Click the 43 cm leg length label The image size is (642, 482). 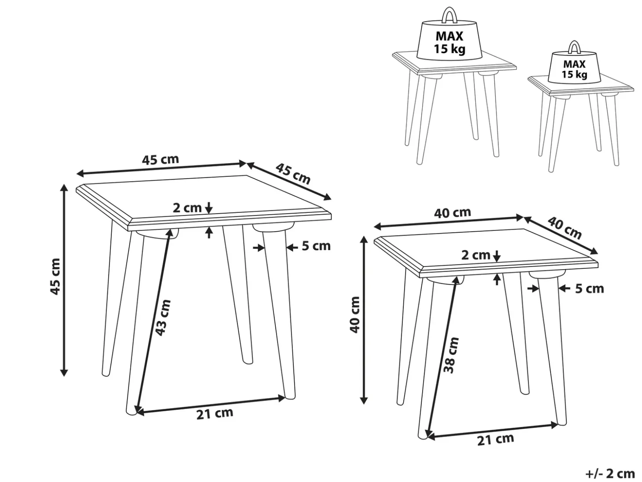click(163, 318)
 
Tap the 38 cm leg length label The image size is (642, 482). click(451, 355)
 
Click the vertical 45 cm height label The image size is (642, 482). click(55, 277)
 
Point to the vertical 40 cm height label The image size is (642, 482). click(354, 314)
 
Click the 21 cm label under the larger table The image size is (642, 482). click(215, 413)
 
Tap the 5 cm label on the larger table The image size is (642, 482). click(316, 246)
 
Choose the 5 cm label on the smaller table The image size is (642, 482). click(589, 288)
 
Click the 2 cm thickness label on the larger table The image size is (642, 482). click(187, 208)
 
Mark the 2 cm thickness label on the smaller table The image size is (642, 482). click(476, 256)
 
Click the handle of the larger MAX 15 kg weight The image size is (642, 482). click(450, 15)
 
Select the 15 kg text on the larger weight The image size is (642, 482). click(449, 49)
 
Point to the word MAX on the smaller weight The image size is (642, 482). click(574, 64)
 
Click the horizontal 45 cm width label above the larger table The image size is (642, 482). click(160, 160)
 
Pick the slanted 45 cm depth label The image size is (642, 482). click(293, 174)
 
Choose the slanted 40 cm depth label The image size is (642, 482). click(565, 228)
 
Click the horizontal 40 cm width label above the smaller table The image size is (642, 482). click(452, 213)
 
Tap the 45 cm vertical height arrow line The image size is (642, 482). click(64, 280)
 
